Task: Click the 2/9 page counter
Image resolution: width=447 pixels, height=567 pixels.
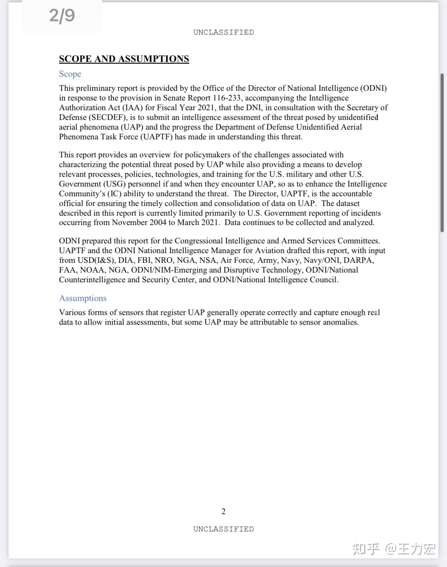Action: tap(62, 15)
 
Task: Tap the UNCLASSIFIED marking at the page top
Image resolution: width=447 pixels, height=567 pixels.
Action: tap(223, 32)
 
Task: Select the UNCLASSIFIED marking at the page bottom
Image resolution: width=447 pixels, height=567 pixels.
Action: tap(223, 529)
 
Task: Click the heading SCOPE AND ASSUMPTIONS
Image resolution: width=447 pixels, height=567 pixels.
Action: tap(124, 59)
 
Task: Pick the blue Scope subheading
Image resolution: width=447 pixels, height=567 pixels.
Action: tap(70, 74)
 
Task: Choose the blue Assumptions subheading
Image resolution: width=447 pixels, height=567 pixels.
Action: tap(83, 298)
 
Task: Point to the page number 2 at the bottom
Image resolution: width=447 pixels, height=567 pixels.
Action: tap(223, 512)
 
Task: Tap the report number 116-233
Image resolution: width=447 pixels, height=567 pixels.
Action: tap(227, 98)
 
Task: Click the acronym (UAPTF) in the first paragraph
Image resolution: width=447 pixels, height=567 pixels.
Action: tap(156, 137)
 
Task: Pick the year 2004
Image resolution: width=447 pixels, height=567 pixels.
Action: tap(158, 222)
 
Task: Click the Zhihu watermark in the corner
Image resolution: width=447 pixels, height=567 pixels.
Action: tap(394, 549)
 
